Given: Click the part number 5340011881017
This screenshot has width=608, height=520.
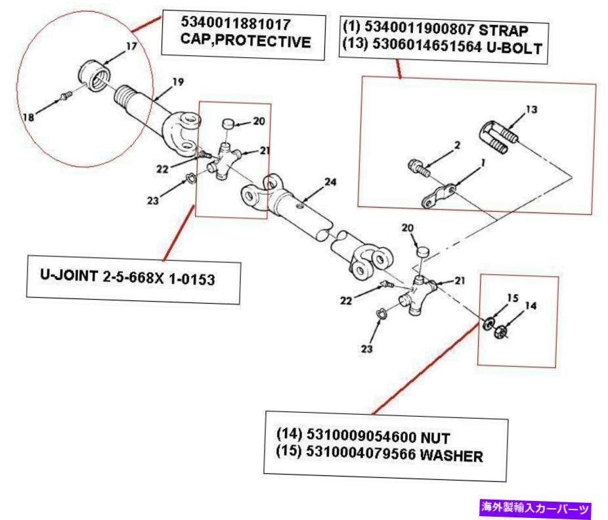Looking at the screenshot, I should (x=236, y=24).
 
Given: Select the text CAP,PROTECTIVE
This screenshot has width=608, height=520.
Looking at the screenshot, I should (x=245, y=43).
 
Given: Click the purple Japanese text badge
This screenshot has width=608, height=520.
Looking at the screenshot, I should (x=536, y=507).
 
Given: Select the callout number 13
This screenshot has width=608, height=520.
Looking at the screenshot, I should (x=531, y=110).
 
